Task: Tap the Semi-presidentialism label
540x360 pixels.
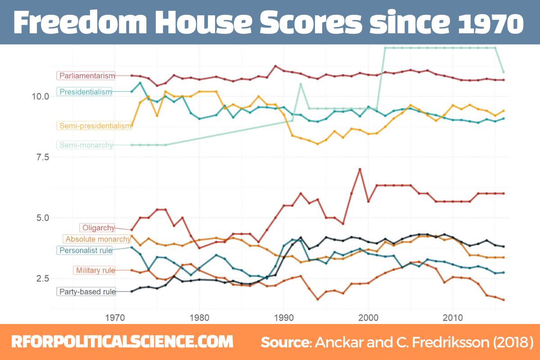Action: [94, 126]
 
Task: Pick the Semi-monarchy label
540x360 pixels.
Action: [85, 145]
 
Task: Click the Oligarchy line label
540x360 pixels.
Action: [98, 228]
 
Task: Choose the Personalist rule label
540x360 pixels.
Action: [85, 250]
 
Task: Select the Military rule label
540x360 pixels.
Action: [94, 270]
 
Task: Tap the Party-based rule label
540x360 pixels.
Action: [86, 292]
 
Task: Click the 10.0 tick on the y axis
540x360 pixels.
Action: [40, 97]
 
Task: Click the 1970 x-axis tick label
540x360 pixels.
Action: [115, 317]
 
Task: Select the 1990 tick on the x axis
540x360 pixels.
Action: [283, 317]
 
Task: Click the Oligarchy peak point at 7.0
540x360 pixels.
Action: [360, 169]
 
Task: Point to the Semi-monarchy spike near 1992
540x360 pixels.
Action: [301, 85]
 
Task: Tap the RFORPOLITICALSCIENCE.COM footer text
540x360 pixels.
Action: [122, 342]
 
